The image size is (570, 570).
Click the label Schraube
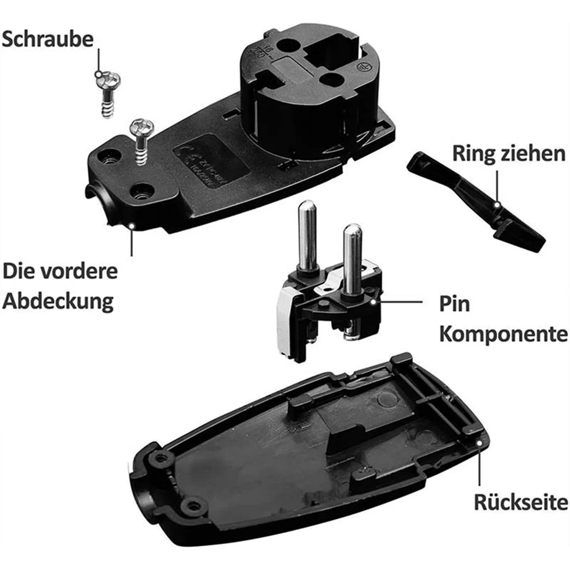[x=47, y=39]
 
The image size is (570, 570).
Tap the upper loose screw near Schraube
[x=109, y=93]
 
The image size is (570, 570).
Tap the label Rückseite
[x=521, y=502]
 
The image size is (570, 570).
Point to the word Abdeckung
[x=58, y=302]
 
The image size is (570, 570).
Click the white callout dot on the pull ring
[x=496, y=204]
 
